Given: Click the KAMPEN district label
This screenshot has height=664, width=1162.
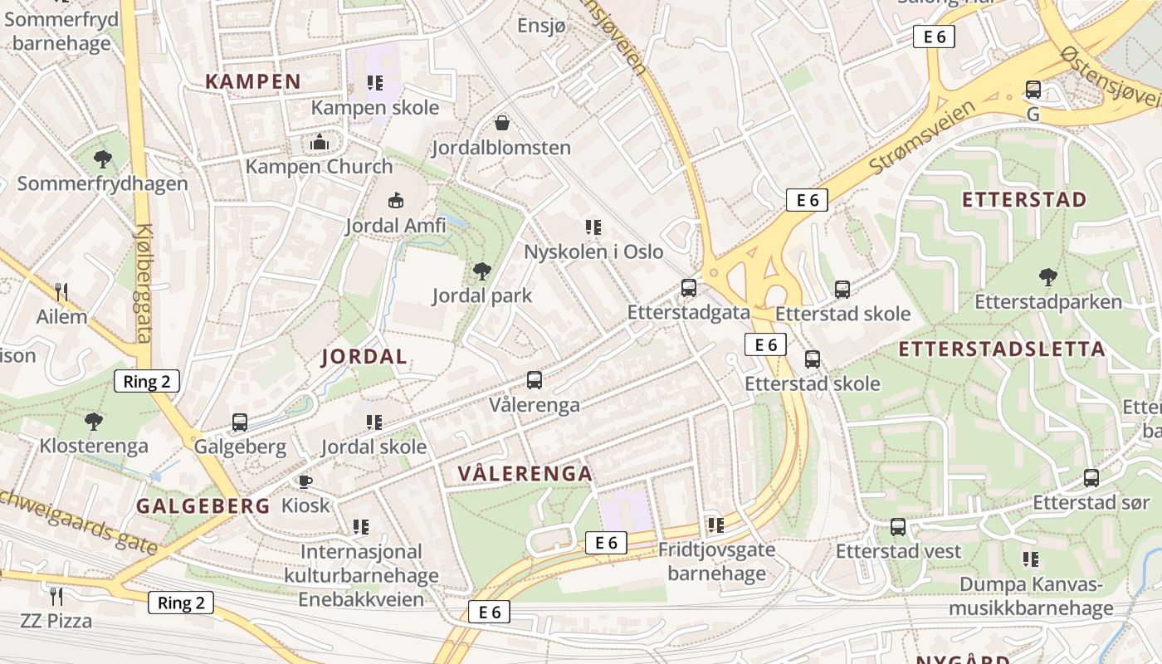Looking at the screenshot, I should (252, 81).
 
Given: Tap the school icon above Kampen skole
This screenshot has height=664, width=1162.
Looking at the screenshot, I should (374, 83).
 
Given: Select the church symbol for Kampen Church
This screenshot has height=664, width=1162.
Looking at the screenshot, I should (319, 143).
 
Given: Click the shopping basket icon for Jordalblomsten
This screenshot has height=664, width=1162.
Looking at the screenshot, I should (502, 124).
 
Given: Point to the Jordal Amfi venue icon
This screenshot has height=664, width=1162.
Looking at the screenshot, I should (396, 201).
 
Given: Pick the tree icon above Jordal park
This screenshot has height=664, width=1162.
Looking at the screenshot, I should (481, 271).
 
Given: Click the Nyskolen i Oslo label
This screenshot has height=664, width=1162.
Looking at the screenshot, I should (593, 251).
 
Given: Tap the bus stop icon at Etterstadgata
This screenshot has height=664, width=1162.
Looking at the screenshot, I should (689, 288).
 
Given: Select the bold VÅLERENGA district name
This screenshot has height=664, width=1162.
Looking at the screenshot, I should (525, 474).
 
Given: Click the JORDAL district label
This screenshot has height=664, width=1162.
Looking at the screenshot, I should (364, 357).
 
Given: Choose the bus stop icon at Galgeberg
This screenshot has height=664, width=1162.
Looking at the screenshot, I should (240, 422).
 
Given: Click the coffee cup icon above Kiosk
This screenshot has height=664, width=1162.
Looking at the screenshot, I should (305, 481).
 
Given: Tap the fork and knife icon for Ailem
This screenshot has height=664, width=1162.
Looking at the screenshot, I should (61, 291).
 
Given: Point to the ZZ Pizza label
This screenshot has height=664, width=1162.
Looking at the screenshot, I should (56, 621).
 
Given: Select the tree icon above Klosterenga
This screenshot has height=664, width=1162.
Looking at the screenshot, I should (94, 421).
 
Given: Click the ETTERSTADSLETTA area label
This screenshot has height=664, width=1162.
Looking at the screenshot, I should (1003, 349).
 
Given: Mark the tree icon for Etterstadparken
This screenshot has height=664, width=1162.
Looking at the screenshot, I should (1048, 277).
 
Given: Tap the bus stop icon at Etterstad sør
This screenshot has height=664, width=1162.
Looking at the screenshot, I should (1091, 478).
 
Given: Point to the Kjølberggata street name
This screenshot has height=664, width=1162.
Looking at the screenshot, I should (144, 282).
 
